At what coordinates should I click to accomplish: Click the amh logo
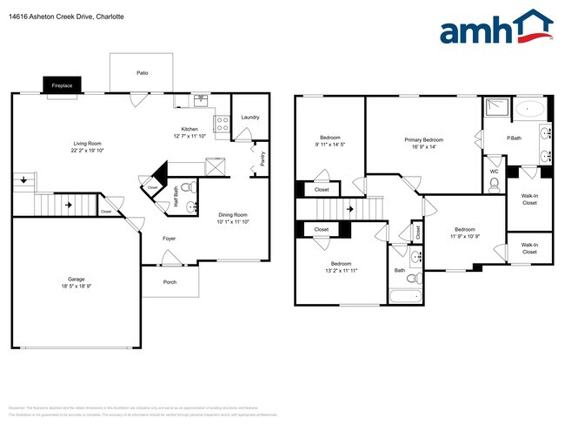point(495,28)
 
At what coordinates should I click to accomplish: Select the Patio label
point(142,73)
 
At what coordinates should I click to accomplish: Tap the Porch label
point(170,282)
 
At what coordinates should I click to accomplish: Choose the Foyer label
point(170,237)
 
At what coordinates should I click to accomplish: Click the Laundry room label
point(249,117)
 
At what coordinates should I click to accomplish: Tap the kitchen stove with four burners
point(222,124)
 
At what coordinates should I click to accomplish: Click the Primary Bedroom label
point(423,139)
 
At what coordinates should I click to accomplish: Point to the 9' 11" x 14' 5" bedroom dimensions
point(329,145)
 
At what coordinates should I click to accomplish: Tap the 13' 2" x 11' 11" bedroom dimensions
point(340,271)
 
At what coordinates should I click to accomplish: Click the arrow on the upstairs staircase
point(349,209)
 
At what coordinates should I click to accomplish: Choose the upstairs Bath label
point(399,270)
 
